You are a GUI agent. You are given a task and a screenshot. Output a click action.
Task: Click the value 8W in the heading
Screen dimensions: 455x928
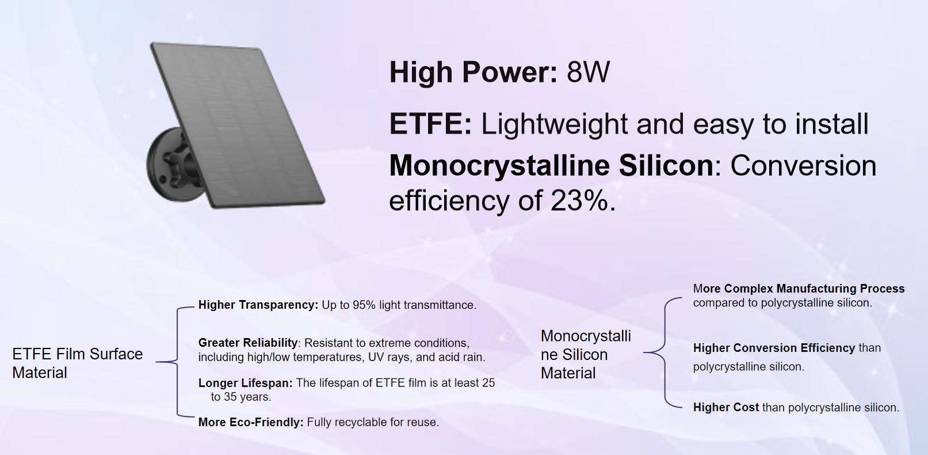click(x=588, y=73)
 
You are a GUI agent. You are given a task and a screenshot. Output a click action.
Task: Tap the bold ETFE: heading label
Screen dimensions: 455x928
click(x=430, y=124)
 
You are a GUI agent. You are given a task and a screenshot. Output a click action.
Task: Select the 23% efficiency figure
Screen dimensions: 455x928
click(x=579, y=201)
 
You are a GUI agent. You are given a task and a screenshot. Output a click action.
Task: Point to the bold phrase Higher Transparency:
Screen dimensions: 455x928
click(x=258, y=305)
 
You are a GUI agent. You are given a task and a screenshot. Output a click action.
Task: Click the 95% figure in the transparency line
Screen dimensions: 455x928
click(x=364, y=305)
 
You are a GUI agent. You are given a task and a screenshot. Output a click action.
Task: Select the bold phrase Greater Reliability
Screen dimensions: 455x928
click(x=248, y=343)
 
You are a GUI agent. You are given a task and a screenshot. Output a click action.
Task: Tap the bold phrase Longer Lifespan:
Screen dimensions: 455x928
click(x=245, y=383)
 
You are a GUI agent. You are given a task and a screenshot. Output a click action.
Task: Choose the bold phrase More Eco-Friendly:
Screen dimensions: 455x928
click(x=250, y=422)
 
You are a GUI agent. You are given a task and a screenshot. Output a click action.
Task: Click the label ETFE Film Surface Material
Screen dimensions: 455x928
click(x=77, y=363)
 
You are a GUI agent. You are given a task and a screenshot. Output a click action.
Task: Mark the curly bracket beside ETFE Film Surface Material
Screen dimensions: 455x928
click(x=175, y=362)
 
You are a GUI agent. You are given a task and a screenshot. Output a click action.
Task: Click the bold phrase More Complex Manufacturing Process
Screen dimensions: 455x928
click(x=799, y=289)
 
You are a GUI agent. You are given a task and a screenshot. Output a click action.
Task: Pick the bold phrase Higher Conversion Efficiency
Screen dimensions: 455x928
click(x=774, y=348)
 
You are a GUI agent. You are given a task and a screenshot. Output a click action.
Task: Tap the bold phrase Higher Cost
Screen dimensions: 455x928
click(x=725, y=407)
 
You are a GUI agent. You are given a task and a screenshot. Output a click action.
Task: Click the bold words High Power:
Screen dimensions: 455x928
click(x=473, y=73)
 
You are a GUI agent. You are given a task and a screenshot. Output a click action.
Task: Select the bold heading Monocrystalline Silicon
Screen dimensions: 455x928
click(x=551, y=166)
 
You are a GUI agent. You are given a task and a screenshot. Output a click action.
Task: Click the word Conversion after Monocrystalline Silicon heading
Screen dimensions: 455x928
click(x=803, y=166)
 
